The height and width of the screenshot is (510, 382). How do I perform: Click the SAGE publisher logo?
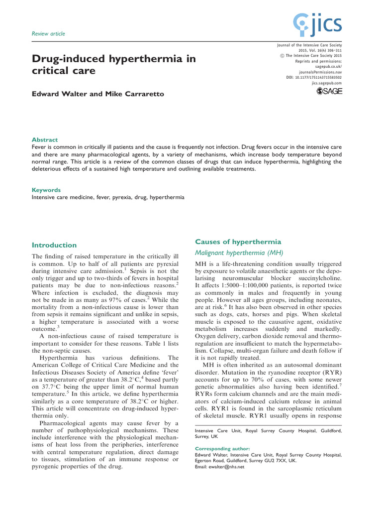pyautogui.click(x=329, y=94)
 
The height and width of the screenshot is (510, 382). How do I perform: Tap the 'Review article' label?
pyautogui.click(x=48, y=34)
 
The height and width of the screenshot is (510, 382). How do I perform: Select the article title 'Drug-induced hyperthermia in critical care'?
pyautogui.click(x=113, y=65)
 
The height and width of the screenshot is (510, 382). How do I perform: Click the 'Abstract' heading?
pyautogui.click(x=45, y=140)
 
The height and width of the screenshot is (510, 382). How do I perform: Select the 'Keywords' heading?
pyautogui.click(x=46, y=190)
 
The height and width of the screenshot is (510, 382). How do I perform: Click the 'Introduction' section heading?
pyautogui.click(x=54, y=245)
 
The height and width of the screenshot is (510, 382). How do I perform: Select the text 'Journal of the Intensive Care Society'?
pyautogui.click(x=308, y=45)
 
